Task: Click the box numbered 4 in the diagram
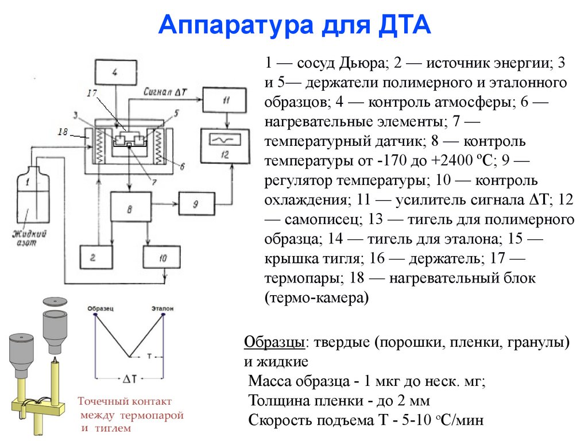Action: pos(114,73)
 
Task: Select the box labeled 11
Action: pos(225,100)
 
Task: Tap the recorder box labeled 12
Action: pos(225,146)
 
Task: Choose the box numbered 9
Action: pos(195,203)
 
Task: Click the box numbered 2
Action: pos(93,258)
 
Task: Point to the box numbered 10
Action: pos(163,258)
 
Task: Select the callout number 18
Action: pos(65,132)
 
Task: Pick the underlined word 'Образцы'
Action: pos(274,343)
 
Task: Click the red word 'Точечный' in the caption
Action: pos(104,402)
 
